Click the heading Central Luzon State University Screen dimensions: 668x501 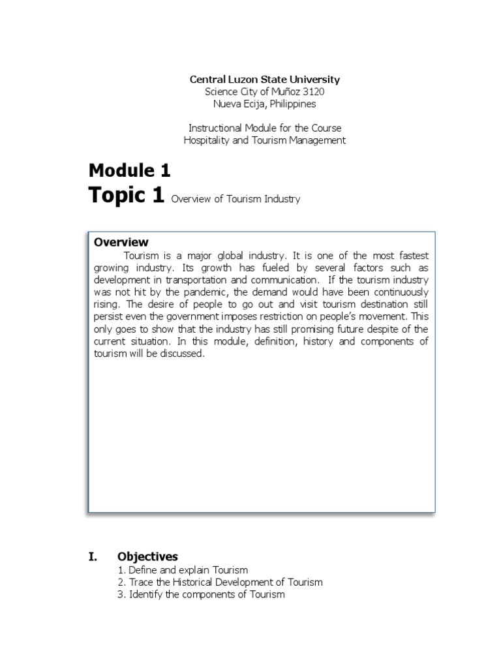[x=264, y=80]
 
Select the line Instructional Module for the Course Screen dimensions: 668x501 [x=264, y=128]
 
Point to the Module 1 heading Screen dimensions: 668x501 [x=129, y=171]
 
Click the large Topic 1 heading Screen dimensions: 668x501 [x=127, y=196]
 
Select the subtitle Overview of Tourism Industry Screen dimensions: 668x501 [x=235, y=199]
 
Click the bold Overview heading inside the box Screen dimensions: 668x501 [x=121, y=243]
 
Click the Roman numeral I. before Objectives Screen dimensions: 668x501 [x=93, y=556]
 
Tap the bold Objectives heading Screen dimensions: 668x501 [x=147, y=556]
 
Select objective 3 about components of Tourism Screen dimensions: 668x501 [x=201, y=594]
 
